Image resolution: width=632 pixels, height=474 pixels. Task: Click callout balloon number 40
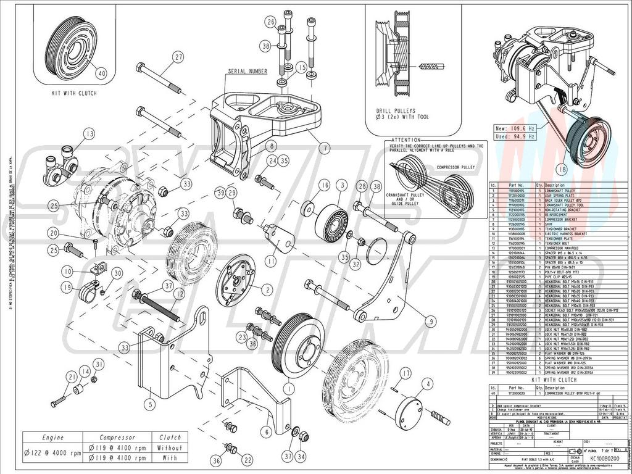click(101, 72)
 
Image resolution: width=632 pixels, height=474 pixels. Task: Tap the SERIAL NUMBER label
click(248, 72)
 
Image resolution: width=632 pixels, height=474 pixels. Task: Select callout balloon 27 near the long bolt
click(178, 57)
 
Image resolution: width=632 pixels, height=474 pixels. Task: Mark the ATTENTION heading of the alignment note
click(405, 140)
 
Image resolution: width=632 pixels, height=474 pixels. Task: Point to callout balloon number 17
click(405, 373)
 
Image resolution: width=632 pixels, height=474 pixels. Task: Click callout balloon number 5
click(149, 405)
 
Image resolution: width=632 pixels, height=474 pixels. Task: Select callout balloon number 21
click(72, 378)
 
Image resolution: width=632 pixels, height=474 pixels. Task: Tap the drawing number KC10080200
click(597, 459)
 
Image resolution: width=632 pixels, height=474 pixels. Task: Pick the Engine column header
click(53, 438)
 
